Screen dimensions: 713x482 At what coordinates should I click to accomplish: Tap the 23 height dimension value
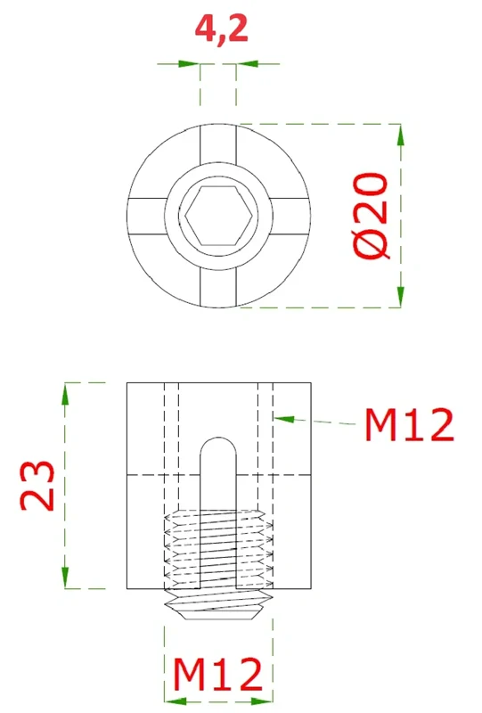pos(38,486)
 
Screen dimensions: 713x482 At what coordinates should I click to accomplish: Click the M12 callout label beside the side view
pos(409,425)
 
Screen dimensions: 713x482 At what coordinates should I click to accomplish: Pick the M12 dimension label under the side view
pos(218,676)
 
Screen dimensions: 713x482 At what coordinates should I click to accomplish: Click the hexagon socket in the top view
pos(218,215)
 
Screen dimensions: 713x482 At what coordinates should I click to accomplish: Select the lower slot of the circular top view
pos(218,284)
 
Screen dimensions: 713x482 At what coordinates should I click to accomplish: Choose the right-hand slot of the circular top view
pos(287,216)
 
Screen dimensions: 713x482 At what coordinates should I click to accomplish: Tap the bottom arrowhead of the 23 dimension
pos(64,577)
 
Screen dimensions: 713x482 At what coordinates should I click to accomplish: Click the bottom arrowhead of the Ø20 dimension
pos(400,296)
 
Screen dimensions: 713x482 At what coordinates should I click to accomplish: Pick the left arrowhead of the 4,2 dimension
pos(188,64)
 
